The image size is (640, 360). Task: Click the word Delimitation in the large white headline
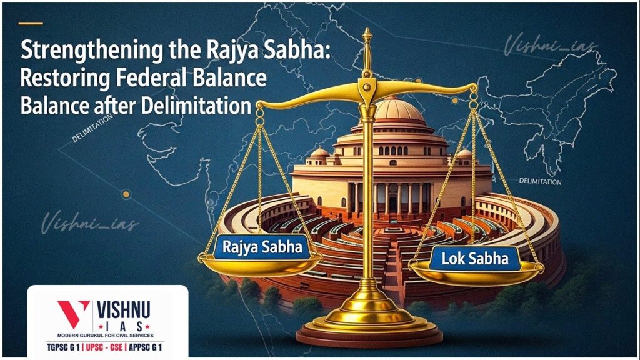197,105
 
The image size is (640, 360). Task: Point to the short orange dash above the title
31,24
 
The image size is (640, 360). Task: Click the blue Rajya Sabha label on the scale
261,247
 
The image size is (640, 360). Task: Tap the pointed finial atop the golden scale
367,35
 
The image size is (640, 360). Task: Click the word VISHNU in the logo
124,309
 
